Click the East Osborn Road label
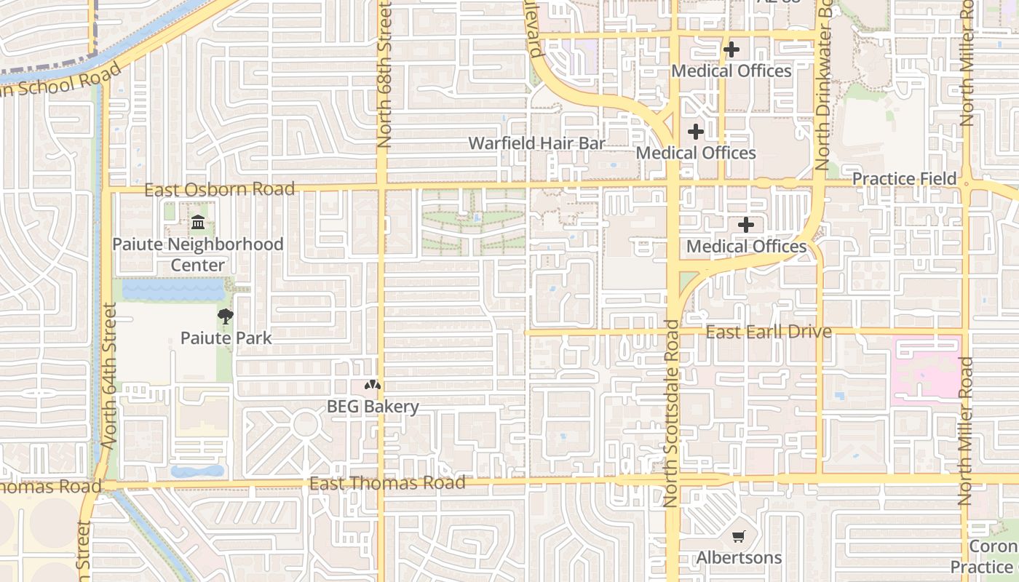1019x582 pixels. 219,190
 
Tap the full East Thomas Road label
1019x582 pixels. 386,483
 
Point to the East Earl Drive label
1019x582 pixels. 769,332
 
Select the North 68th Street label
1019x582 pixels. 384,73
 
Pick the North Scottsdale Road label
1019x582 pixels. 671,412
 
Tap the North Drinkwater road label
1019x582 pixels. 823,86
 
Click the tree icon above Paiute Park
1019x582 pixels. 226,316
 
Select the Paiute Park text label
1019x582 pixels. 226,338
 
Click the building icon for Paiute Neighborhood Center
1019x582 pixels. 197,223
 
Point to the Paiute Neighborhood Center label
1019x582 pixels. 197,254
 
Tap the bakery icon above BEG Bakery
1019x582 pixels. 373,386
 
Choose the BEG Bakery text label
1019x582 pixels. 373,407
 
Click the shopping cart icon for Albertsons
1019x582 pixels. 739,537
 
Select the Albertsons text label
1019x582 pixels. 739,558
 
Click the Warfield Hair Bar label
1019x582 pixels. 536,143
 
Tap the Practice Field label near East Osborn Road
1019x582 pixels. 904,179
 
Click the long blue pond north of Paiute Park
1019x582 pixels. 173,290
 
